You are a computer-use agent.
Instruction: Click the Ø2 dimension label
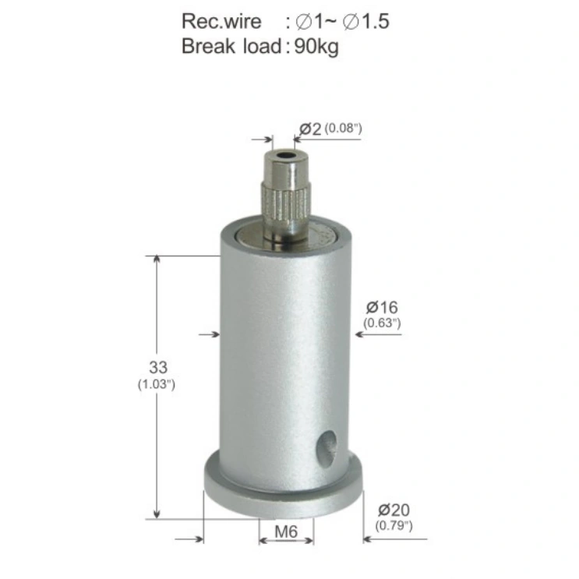click(x=310, y=129)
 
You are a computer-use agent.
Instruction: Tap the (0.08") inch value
click(x=343, y=129)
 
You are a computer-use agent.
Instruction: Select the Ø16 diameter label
click(x=382, y=307)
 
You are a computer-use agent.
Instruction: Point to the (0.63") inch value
click(x=382, y=323)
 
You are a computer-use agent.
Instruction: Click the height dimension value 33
click(x=158, y=367)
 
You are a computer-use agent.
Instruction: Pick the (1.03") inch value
click(x=156, y=384)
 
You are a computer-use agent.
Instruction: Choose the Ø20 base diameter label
click(x=394, y=510)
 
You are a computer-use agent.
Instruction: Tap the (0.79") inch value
click(x=394, y=525)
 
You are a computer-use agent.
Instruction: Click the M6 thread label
click(x=286, y=531)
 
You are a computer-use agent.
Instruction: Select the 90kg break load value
click(x=316, y=47)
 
